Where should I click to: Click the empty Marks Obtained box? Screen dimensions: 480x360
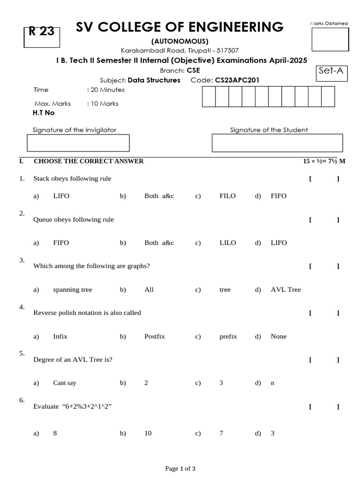click(x=330, y=39)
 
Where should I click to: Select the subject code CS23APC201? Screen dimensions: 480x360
click(x=237, y=80)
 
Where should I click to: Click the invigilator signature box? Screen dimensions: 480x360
click(x=78, y=142)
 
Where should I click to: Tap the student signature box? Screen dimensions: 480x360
click(x=277, y=142)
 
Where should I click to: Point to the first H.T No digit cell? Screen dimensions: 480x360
click(x=209, y=97)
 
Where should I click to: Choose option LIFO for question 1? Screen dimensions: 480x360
click(x=61, y=196)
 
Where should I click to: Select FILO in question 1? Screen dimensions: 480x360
click(x=228, y=196)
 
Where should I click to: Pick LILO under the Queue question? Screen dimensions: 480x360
click(x=228, y=243)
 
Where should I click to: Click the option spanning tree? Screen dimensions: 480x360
click(x=73, y=290)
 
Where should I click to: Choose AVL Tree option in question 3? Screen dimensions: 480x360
click(x=285, y=290)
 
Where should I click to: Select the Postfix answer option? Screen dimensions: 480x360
click(x=155, y=337)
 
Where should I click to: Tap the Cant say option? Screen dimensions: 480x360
click(x=65, y=383)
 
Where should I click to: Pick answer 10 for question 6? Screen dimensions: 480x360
click(x=148, y=434)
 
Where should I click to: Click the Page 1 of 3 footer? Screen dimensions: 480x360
click(x=180, y=468)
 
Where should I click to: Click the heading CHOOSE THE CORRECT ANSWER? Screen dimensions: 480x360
click(x=89, y=161)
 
